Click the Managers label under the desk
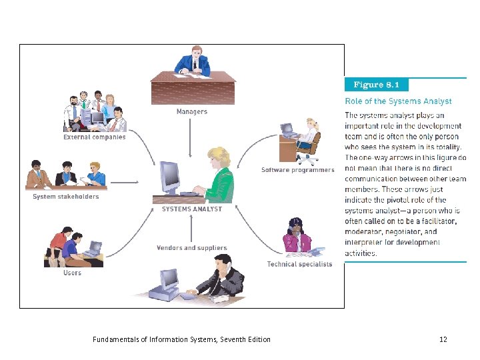point(191,112)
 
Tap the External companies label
point(94,137)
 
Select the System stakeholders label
point(65,197)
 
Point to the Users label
point(72,273)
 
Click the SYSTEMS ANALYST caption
point(192,209)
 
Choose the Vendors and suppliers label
point(191,248)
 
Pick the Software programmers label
point(297,170)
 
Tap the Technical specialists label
point(299,264)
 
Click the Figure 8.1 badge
point(377,85)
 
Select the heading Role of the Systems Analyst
point(398,101)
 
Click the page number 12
point(443,339)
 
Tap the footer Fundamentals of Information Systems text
point(182,339)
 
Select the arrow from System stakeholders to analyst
point(126,181)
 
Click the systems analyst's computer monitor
point(171,177)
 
